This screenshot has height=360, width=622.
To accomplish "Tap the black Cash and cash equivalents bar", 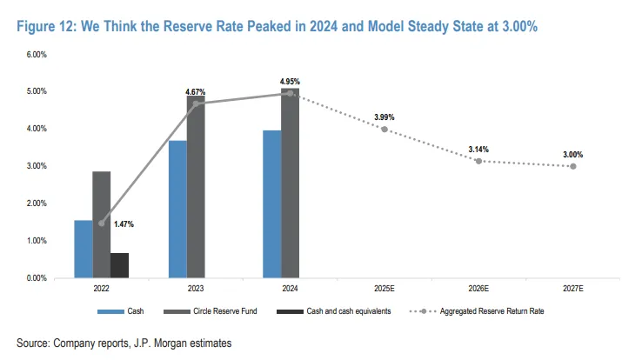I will tap(119, 265).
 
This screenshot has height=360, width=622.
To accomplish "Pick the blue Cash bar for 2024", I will tap(271, 204).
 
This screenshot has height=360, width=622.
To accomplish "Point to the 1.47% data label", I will tap(124, 224).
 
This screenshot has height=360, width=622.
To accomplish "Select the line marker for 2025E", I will tap(385, 130).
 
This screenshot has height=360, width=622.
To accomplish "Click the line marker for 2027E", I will tap(572, 166).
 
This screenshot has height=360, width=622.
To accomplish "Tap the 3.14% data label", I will tap(478, 150).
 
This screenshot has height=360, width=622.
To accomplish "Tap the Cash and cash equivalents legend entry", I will tap(334, 310).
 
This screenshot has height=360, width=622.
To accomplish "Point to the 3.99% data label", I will tap(385, 117).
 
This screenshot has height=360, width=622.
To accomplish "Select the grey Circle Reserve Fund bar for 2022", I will tap(101, 224).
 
